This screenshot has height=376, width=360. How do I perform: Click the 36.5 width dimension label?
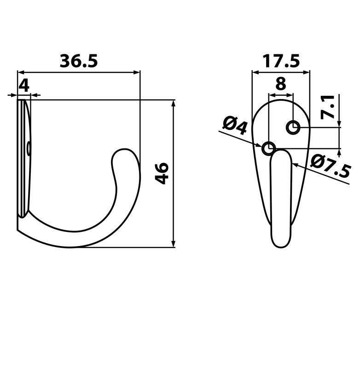click(79, 61)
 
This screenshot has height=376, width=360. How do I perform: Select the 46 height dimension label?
click(162, 173)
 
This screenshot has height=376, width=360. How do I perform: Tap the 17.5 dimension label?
click(281, 61)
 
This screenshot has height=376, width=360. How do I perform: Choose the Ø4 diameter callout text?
click(235, 125)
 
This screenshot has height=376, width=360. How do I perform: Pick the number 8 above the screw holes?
click(280, 84)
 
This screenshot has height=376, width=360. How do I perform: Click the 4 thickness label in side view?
click(24, 85)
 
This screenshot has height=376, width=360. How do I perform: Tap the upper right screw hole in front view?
click(293, 127)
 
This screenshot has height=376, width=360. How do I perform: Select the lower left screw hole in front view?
click(268, 148)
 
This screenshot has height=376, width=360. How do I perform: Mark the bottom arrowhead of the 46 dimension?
click(174, 244)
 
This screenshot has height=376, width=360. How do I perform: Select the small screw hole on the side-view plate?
click(29, 148)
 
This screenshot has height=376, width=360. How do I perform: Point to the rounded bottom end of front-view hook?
click(281, 243)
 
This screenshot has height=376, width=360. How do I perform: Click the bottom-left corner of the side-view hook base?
click(18, 229)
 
